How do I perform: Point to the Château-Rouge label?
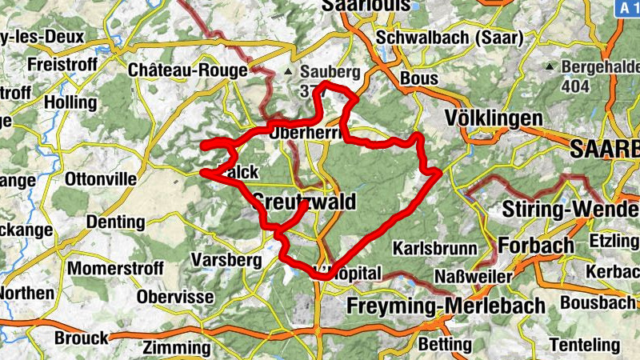[x=187, y=70]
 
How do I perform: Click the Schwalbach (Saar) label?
[x=448, y=37]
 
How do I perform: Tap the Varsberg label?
[x=216, y=260]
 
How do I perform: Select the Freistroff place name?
[x=62, y=63]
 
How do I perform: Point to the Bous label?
[x=418, y=78]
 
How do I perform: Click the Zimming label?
[x=176, y=348]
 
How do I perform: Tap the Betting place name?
[x=445, y=345]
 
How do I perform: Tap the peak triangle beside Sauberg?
[x=289, y=71]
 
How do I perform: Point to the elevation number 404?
[x=574, y=85]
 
